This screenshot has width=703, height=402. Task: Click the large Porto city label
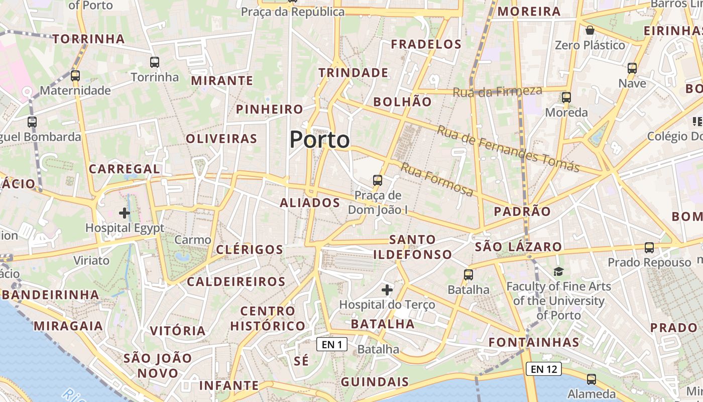point(319,139)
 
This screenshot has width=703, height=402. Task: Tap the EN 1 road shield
point(332,344)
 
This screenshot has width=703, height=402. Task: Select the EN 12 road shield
point(544,369)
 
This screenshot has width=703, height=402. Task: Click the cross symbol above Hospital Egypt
point(125,213)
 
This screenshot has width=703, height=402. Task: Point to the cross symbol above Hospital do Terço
point(387,290)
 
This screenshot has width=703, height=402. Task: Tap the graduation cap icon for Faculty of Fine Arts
point(559,272)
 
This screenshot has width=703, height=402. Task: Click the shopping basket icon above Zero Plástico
point(590,30)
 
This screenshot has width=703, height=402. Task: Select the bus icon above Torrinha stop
point(155,62)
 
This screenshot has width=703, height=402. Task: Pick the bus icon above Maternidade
point(75,76)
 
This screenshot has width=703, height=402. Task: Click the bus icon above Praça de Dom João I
point(378,180)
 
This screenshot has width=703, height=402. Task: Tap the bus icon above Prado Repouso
point(649,247)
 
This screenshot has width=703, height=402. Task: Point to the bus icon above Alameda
point(592,379)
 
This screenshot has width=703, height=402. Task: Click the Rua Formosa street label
point(437,179)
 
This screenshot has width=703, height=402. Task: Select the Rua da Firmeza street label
point(497,91)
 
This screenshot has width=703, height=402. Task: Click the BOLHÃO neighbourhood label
point(403,102)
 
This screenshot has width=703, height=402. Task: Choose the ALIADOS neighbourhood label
point(310,203)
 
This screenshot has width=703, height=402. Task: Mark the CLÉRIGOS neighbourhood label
point(250,250)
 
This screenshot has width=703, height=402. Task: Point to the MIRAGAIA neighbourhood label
point(68,326)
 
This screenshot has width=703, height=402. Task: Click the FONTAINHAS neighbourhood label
point(534,343)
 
